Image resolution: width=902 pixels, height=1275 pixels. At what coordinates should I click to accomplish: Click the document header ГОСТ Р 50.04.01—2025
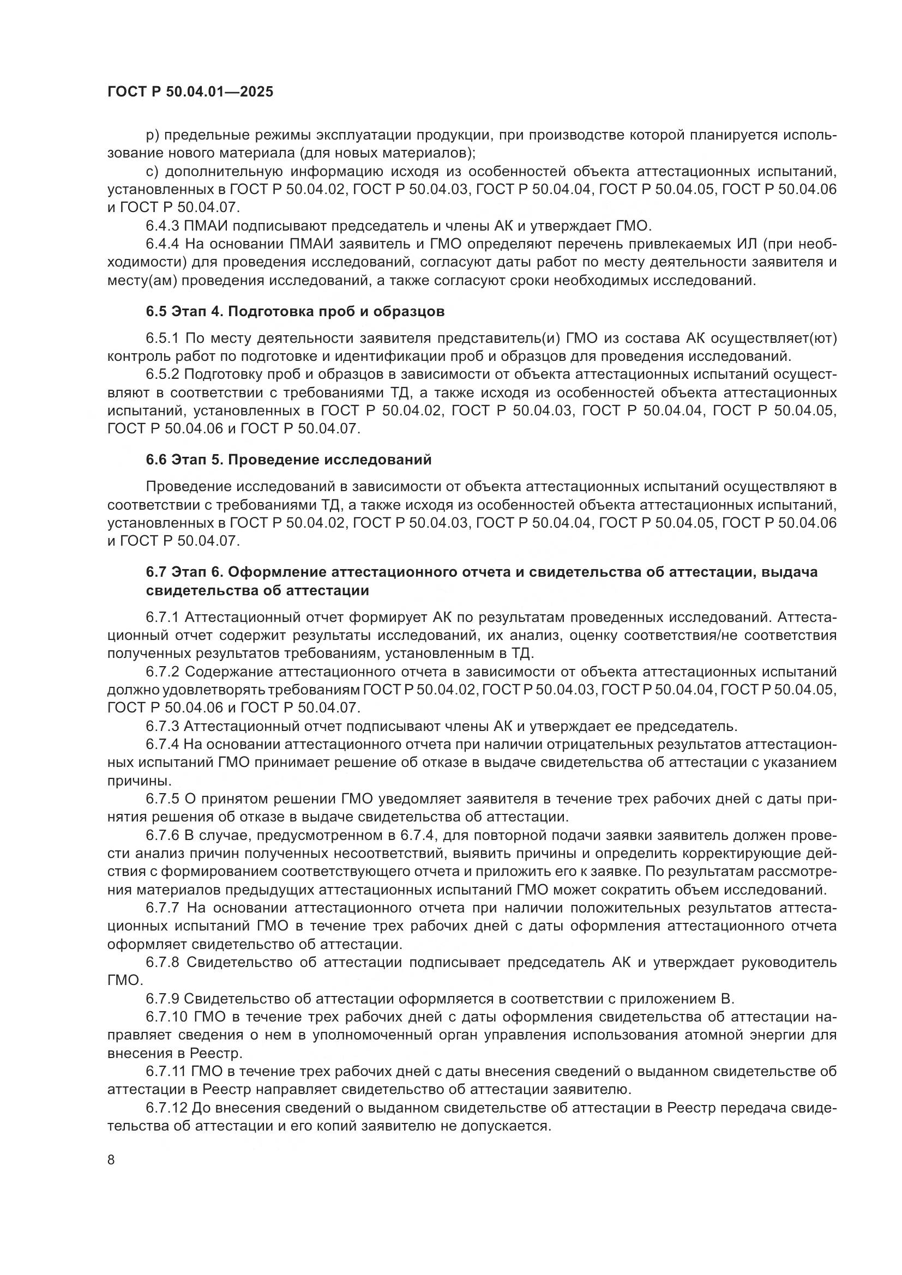click(190, 92)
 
